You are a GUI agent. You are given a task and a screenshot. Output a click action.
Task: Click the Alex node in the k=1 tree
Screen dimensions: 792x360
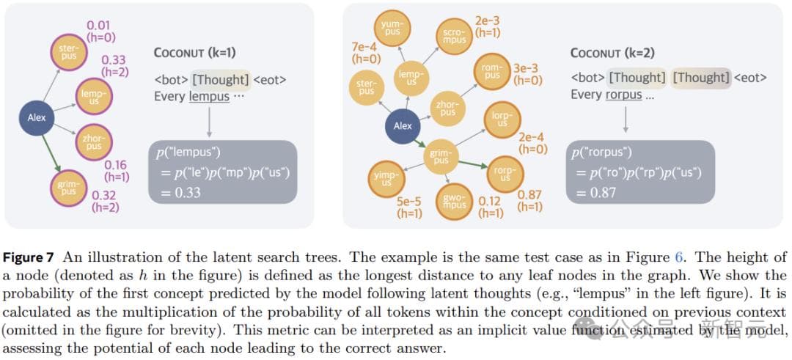click(x=37, y=117)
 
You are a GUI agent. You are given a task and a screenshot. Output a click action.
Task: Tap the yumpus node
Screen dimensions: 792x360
click(x=392, y=28)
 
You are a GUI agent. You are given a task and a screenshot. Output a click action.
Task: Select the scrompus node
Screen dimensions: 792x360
click(x=454, y=36)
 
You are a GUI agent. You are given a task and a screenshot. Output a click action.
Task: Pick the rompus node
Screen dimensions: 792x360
click(x=491, y=72)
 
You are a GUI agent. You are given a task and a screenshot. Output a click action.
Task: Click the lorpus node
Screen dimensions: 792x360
click(x=502, y=120)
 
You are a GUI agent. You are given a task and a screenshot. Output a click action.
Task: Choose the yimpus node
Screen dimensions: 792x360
click(x=386, y=178)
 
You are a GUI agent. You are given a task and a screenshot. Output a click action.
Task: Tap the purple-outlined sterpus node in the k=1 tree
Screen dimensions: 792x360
click(x=69, y=52)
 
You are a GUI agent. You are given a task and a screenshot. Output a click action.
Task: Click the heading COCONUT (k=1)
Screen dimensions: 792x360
click(x=194, y=53)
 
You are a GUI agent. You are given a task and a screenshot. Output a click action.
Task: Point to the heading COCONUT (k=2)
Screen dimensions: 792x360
click(x=612, y=53)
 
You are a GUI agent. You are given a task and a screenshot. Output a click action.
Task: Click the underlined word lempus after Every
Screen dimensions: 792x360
click(x=209, y=96)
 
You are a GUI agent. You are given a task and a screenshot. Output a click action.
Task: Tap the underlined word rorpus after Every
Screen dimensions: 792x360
click(x=623, y=95)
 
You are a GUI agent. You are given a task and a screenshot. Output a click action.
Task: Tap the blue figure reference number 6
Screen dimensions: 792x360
click(x=679, y=257)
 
